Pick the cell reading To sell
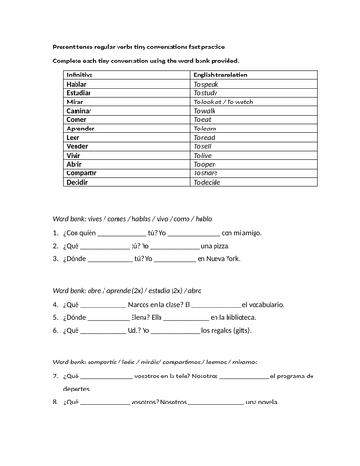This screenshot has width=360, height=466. (208, 146)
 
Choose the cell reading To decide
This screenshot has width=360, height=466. (210, 182)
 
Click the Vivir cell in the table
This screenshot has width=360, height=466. (76, 155)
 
